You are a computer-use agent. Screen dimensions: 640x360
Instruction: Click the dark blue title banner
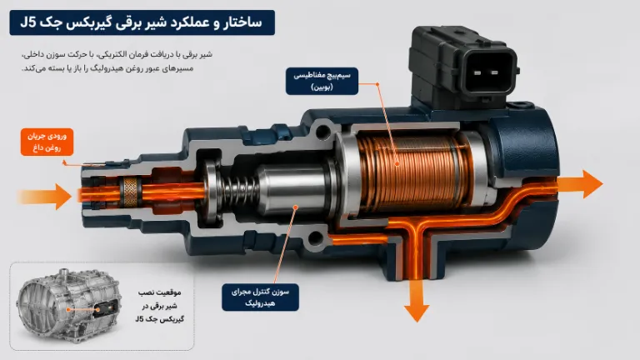pos(142,22)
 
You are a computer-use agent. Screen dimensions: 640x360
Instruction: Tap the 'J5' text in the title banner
pos(28,22)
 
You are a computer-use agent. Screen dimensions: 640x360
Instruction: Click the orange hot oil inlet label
pos(47,142)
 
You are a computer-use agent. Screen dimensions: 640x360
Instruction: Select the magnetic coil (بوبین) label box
pos(322,81)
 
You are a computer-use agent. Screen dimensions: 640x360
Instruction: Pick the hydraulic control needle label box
pos(260,297)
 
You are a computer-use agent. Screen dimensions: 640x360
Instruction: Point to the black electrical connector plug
pos(463,67)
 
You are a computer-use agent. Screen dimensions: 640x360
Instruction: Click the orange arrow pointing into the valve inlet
pos(45,197)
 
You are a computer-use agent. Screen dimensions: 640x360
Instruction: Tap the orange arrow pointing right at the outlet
pos(580,184)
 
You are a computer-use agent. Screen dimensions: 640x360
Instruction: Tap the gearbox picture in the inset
pos(68,306)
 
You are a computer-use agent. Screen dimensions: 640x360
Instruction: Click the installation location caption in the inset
pos(160,306)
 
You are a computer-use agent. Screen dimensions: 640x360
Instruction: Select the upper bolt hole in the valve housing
pos(323,132)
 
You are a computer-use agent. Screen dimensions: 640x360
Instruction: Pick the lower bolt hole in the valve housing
pos(317,237)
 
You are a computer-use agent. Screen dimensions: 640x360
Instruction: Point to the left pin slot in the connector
pos(477,73)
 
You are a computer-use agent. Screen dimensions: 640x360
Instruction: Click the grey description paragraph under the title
pos(117,61)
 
